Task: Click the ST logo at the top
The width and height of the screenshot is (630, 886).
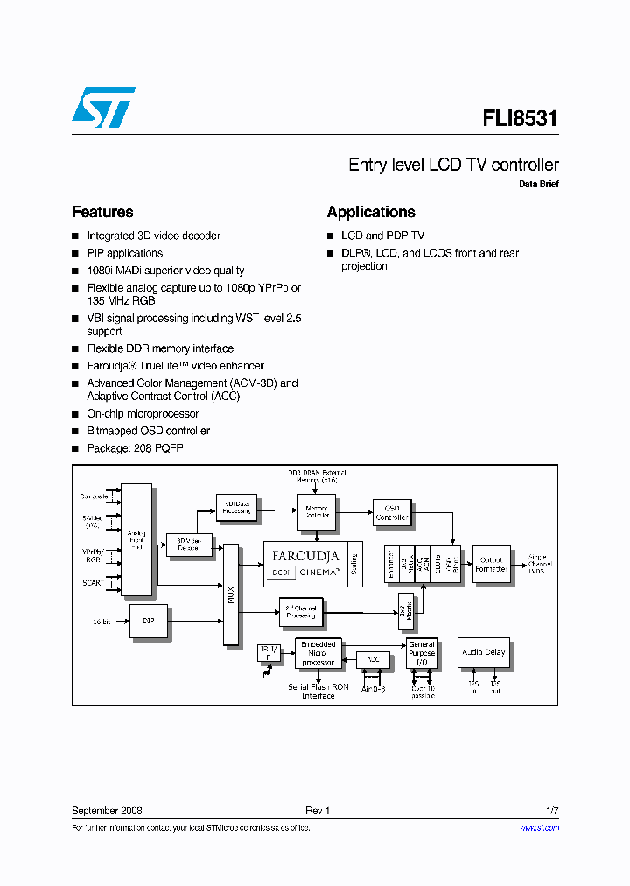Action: pyautogui.click(x=103, y=107)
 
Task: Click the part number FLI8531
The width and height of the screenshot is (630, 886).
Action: pyautogui.click(x=520, y=119)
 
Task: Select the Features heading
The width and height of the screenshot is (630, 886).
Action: pyautogui.click(x=102, y=212)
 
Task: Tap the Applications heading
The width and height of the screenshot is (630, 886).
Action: pyautogui.click(x=371, y=212)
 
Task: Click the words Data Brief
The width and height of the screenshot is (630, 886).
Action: pyautogui.click(x=538, y=185)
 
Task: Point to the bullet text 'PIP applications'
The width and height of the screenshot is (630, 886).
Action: pyautogui.click(x=124, y=253)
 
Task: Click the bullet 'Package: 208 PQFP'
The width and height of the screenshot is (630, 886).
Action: pyautogui.click(x=135, y=448)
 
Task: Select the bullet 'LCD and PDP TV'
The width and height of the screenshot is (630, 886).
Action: pyautogui.click(x=382, y=236)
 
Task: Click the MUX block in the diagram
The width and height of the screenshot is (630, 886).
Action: pyautogui.click(x=231, y=594)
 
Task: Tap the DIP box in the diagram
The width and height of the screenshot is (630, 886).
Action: pyautogui.click(x=148, y=621)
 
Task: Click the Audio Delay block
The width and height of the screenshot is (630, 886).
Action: pyautogui.click(x=483, y=652)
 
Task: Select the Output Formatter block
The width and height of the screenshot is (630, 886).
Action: pyautogui.click(x=490, y=564)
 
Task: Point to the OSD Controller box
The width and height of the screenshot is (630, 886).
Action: pyautogui.click(x=391, y=512)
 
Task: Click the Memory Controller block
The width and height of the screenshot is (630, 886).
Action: pyautogui.click(x=316, y=510)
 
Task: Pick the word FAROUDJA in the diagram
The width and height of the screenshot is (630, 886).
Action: pyautogui.click(x=305, y=556)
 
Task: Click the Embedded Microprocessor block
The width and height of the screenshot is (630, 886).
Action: pyautogui.click(x=316, y=652)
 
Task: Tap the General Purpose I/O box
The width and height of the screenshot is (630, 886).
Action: pyautogui.click(x=421, y=652)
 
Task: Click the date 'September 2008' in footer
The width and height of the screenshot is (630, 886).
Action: pyautogui.click(x=107, y=811)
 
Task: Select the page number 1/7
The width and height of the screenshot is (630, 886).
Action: pyautogui.click(x=551, y=811)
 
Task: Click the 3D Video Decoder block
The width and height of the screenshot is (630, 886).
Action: pyautogui.click(x=189, y=544)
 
